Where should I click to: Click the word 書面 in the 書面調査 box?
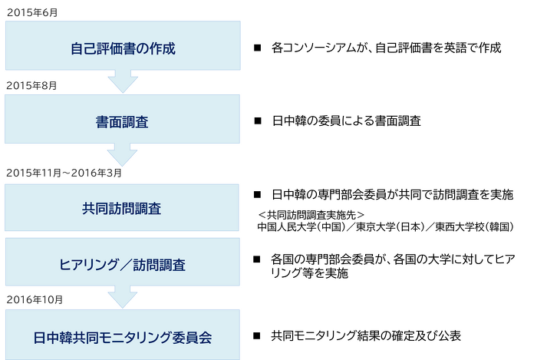109,121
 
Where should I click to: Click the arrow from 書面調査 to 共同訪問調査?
122,156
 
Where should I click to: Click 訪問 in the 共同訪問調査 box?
122,208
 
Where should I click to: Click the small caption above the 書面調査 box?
31,85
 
